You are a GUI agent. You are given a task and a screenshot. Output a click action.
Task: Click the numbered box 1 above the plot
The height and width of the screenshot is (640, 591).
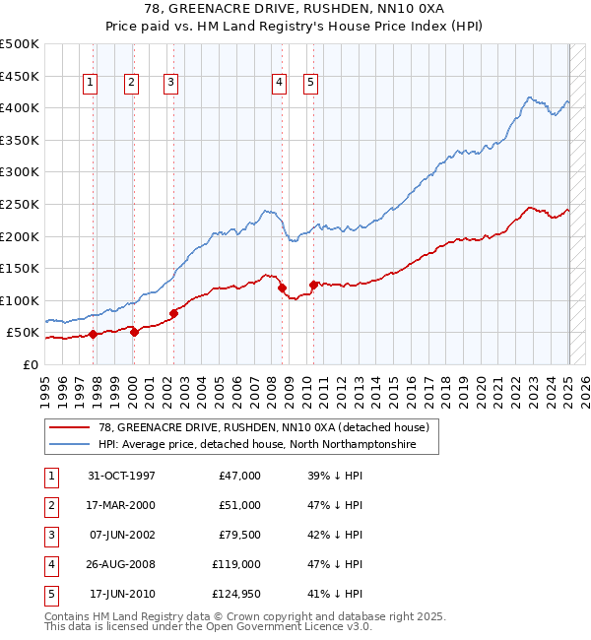[90, 84]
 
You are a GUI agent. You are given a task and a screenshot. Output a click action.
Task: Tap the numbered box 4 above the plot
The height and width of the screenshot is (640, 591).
[280, 84]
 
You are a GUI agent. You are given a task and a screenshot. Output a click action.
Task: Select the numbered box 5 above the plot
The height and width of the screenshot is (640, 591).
[310, 84]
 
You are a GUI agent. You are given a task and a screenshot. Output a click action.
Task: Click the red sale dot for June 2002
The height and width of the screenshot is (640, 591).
[173, 314]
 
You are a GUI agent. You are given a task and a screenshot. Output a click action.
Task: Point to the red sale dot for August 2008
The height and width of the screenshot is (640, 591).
[282, 288]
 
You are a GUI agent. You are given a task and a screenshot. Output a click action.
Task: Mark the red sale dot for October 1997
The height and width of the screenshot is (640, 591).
[93, 334]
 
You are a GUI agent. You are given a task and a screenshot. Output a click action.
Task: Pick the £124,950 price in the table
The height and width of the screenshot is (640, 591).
[236, 594]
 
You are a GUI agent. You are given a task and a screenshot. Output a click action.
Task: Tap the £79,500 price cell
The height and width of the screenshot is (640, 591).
[239, 535]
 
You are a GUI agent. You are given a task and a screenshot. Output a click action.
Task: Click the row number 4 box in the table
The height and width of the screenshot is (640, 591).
[49, 564]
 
